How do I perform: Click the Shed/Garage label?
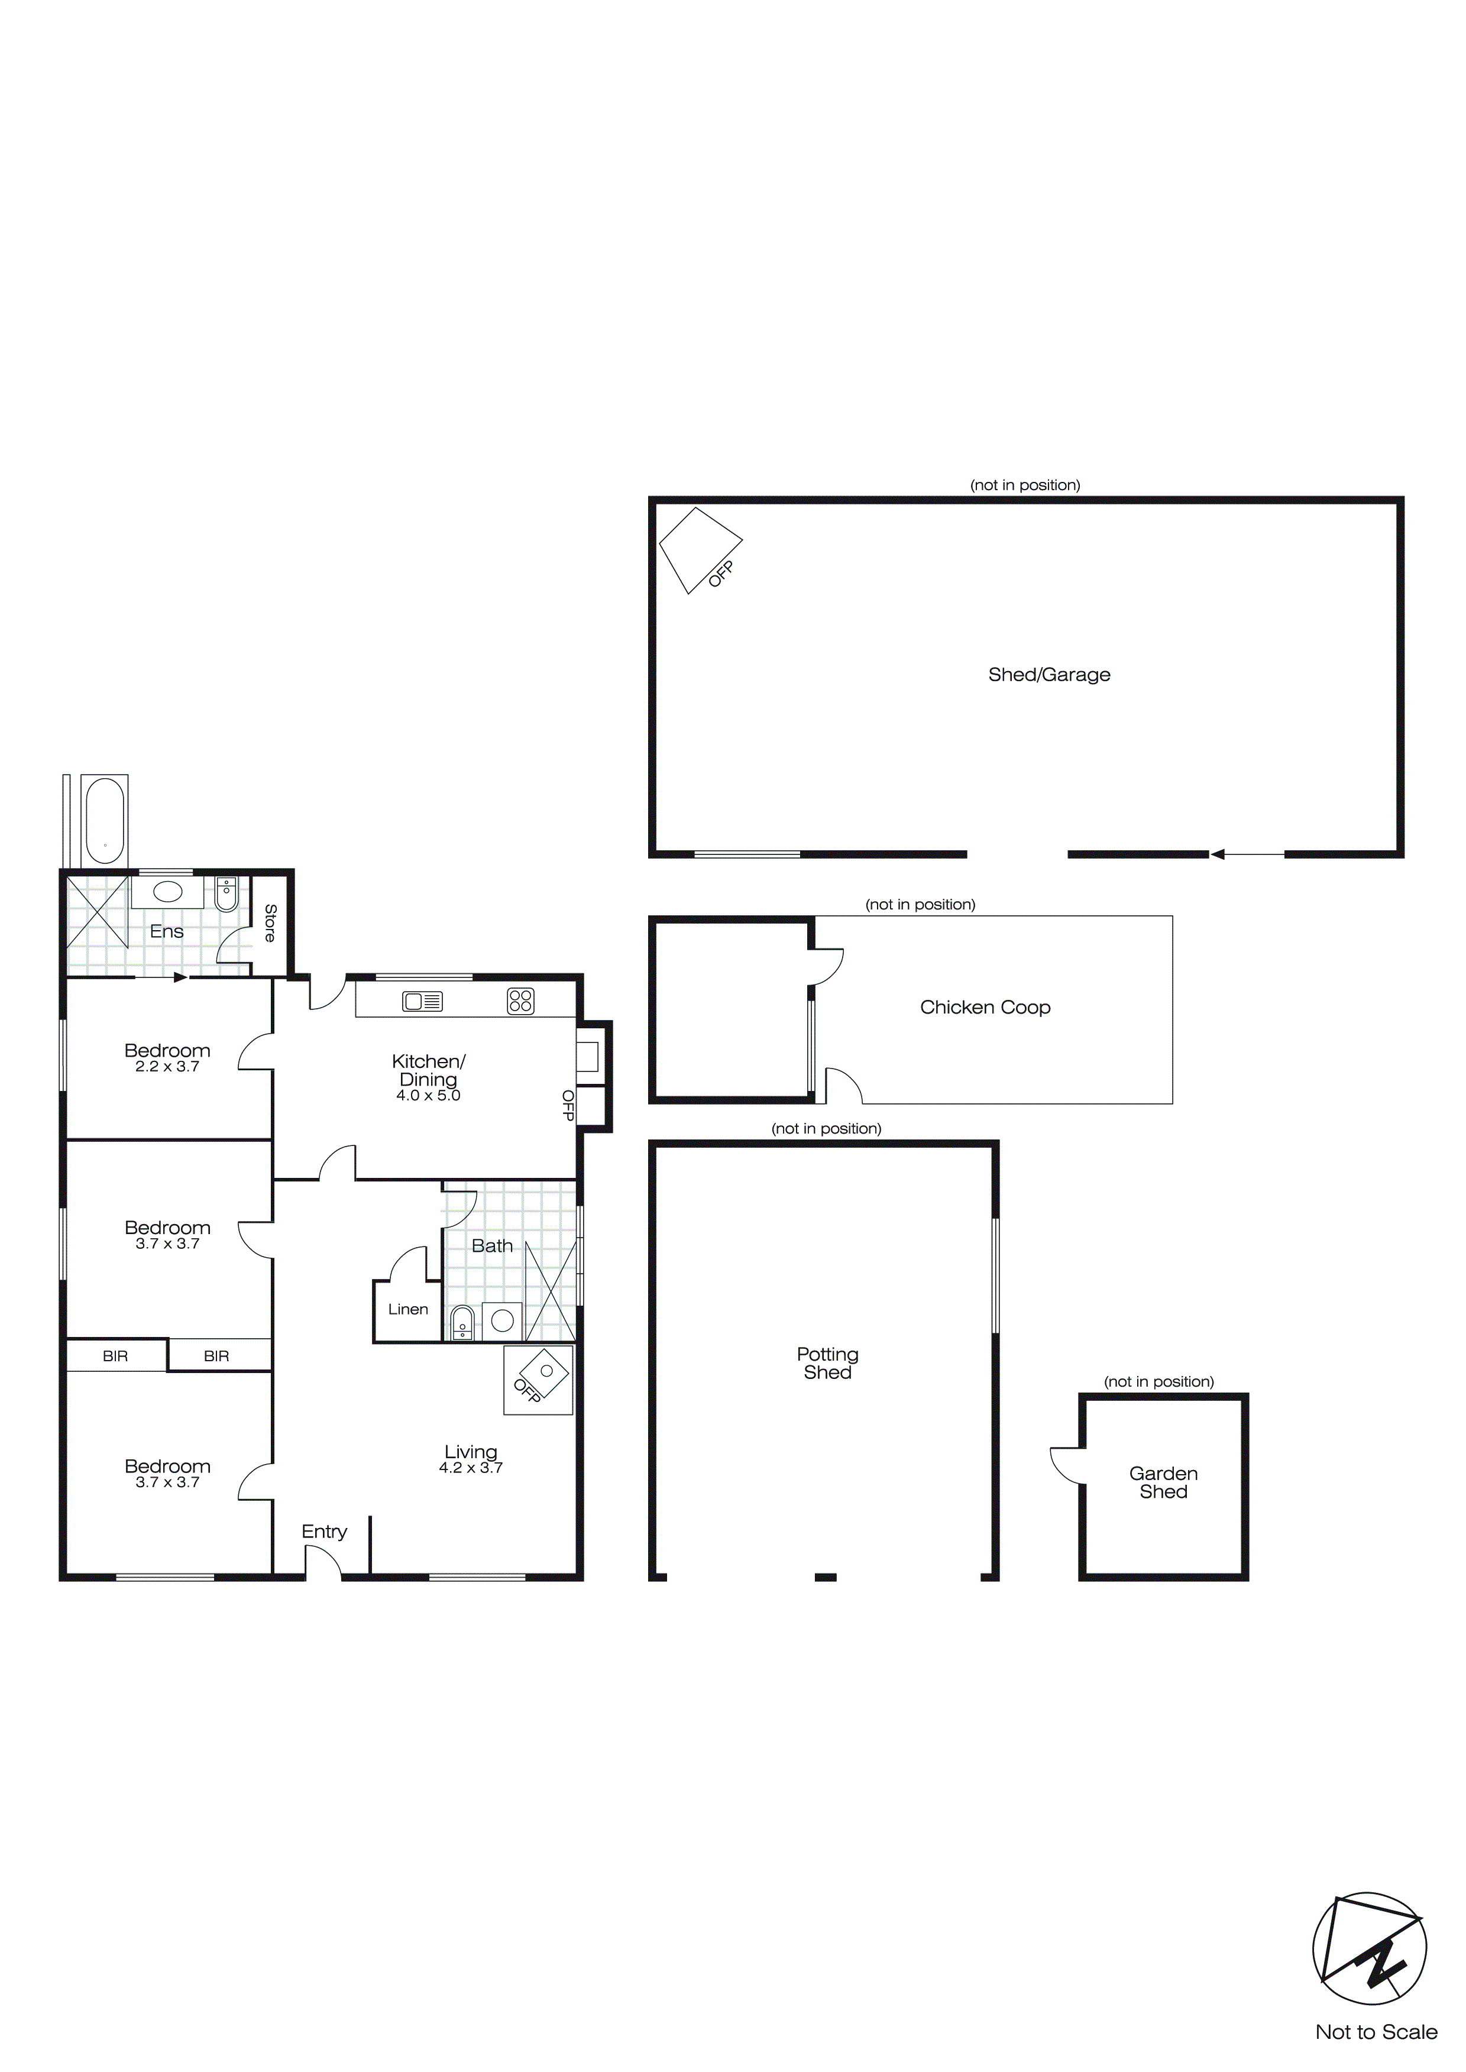pyautogui.click(x=1049, y=675)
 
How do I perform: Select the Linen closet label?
pyautogui.click(x=408, y=1309)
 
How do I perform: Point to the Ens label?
pyautogui.click(x=167, y=931)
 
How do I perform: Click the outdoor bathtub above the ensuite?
pyautogui.click(x=104, y=821)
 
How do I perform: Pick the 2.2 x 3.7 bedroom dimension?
pyautogui.click(x=167, y=1067)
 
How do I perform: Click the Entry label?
pyautogui.click(x=324, y=1532)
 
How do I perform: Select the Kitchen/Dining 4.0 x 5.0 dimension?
pyautogui.click(x=428, y=1096)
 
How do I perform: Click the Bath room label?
pyautogui.click(x=492, y=1247)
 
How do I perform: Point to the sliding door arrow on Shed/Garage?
pyautogui.click(x=1246, y=854)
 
